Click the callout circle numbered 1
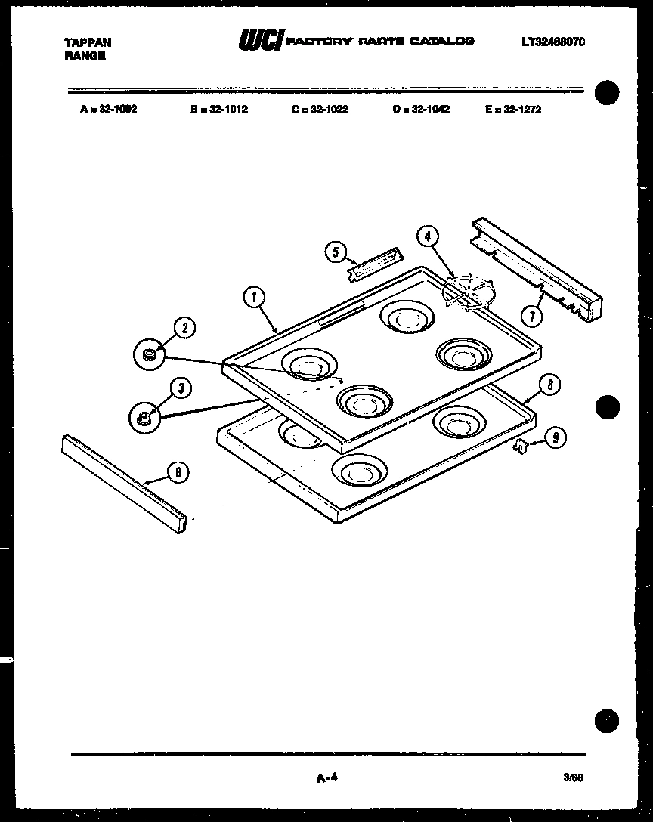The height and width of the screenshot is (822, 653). tap(254, 298)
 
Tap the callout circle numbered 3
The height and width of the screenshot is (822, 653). tap(180, 388)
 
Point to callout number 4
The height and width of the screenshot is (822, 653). tap(427, 236)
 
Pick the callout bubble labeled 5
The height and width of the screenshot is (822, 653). tap(336, 252)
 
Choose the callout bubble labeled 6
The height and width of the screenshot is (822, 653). tap(178, 473)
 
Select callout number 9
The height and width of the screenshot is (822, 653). tap(556, 437)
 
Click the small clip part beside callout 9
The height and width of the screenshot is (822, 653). tap(520, 447)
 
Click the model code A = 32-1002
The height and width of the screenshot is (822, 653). tap(108, 109)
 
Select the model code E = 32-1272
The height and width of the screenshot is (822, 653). tap(513, 109)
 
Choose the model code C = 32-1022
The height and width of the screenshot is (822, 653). tap(320, 109)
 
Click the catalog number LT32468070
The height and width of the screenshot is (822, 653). tap(553, 42)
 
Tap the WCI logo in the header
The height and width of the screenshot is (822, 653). tap(260, 41)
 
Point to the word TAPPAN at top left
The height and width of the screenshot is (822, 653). tap(88, 43)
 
